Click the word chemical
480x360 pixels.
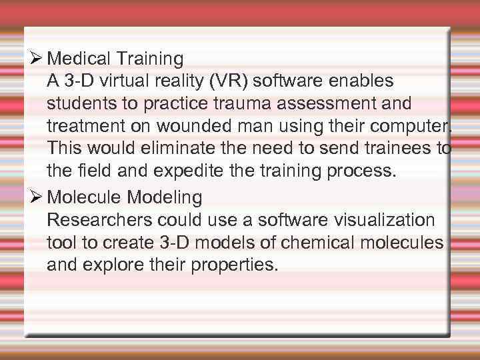306,243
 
